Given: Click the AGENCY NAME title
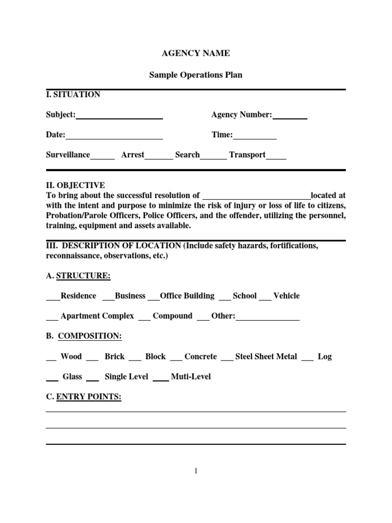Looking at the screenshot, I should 195,53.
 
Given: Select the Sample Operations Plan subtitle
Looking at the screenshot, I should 195,75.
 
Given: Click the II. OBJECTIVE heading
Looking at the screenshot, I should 76,185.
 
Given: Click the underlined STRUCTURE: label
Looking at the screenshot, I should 83,276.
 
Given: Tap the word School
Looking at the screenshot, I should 244,296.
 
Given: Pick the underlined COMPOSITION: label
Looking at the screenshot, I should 90,336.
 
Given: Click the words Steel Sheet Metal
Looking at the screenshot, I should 266,356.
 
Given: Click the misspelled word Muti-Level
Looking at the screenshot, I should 190,377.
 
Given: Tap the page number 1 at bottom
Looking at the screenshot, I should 195,471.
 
